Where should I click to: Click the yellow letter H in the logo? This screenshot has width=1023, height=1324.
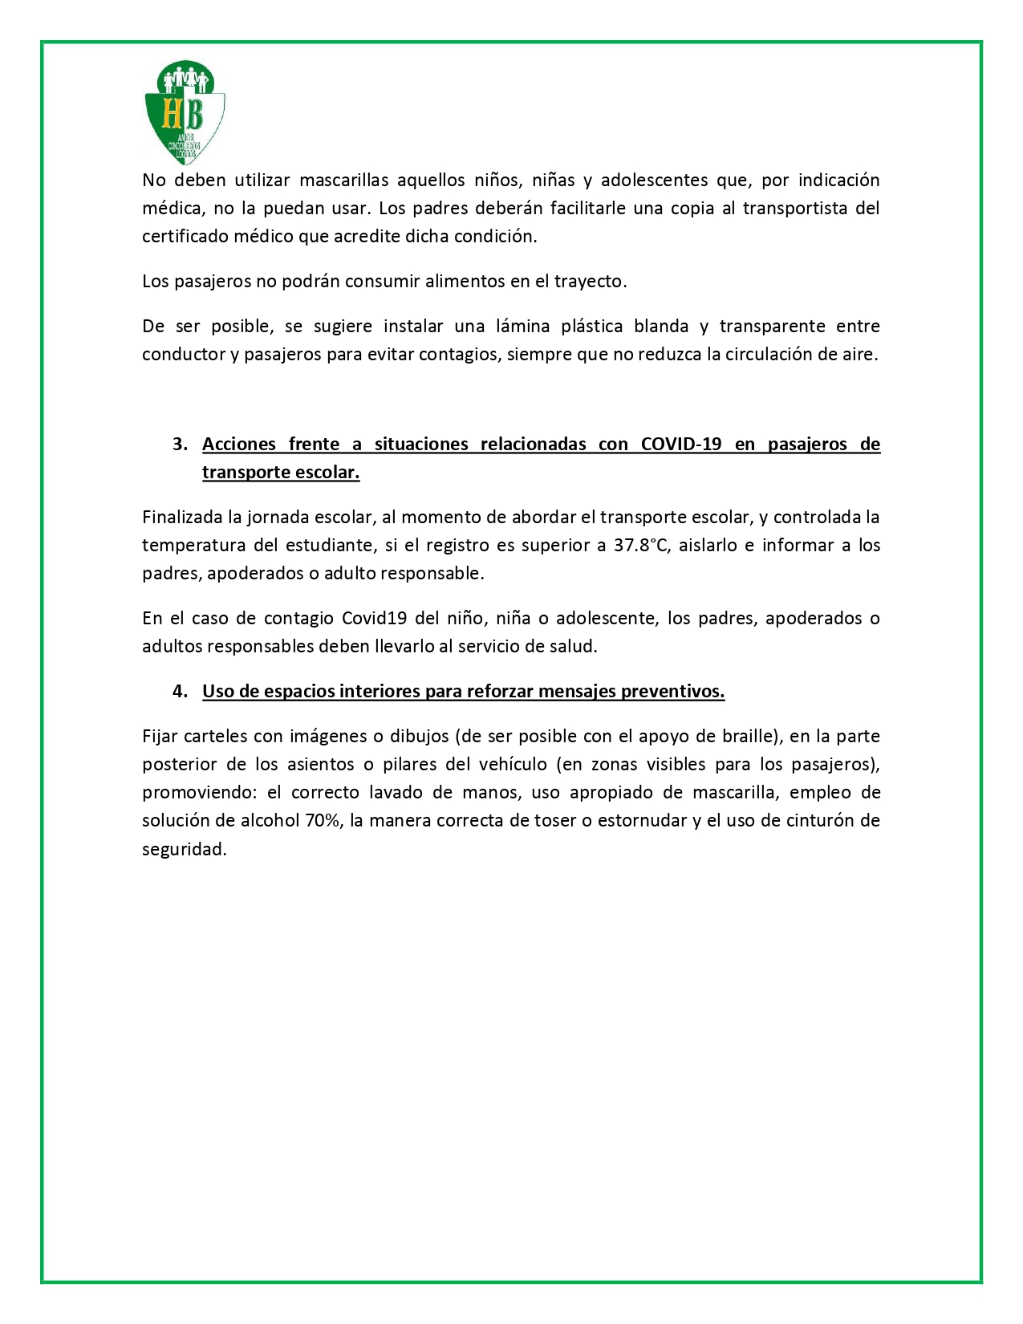(172, 114)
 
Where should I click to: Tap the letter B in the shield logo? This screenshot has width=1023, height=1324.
(193, 114)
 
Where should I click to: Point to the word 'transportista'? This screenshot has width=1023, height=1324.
(794, 208)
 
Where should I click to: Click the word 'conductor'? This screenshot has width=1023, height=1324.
(182, 354)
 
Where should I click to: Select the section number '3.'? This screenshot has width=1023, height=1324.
(181, 444)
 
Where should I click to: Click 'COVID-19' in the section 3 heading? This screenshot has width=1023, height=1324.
(681, 444)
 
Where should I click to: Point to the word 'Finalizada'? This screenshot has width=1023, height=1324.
(181, 517)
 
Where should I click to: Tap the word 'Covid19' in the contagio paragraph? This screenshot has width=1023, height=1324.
(374, 618)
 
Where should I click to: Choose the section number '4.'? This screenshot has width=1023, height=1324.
(181, 691)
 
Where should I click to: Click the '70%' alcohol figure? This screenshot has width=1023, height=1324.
(323, 820)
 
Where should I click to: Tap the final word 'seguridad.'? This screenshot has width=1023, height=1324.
(185, 849)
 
